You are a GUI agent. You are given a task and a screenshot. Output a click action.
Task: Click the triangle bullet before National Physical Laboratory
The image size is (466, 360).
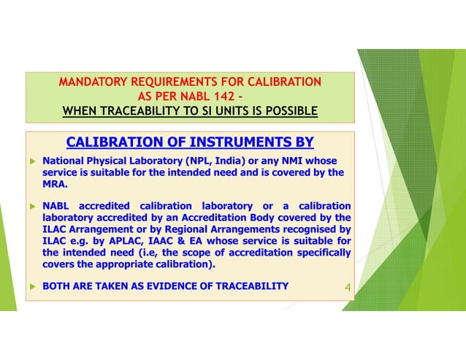[31, 160]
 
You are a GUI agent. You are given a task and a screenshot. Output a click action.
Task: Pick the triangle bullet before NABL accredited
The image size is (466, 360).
[31, 207]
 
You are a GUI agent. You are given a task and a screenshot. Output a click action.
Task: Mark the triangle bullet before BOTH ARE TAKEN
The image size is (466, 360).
[31, 286]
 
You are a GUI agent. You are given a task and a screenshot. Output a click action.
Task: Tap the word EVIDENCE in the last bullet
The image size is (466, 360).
[170, 286]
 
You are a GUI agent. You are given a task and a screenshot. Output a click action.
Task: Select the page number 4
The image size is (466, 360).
[347, 286]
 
